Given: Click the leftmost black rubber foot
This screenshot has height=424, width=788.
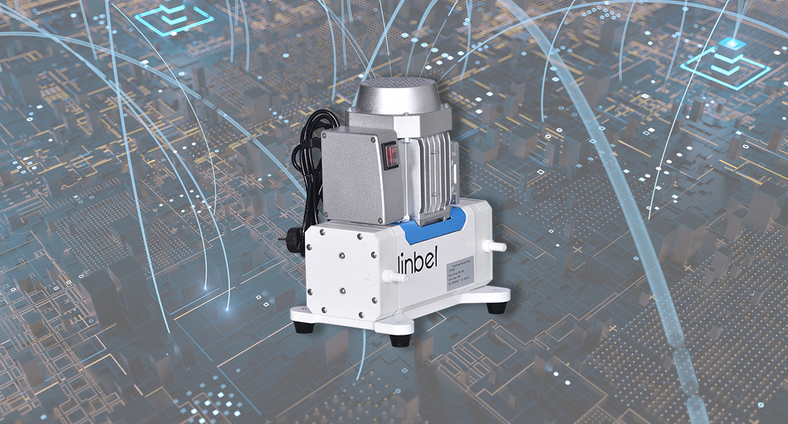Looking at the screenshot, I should (x=303, y=326).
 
